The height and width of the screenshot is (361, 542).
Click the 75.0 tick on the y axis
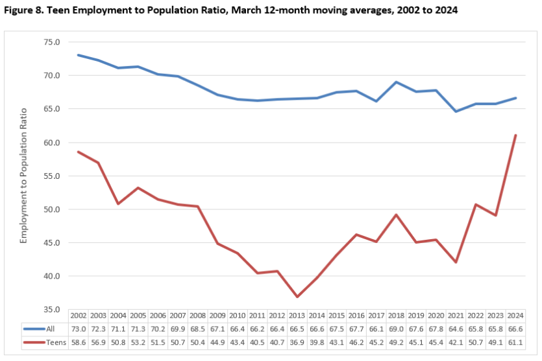pos(51,42)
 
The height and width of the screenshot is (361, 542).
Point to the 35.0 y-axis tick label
pos(51,310)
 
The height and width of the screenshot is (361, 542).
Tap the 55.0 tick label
pos(51,176)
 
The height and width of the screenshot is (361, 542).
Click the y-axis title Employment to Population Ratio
pos(24,176)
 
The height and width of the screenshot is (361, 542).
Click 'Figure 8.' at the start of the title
pos(23,11)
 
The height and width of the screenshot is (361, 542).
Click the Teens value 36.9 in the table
pos(298,341)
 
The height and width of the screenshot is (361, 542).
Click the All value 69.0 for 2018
pos(396,329)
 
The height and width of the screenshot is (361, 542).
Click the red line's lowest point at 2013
pos(298,297)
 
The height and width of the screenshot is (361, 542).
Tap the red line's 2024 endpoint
pos(515,135)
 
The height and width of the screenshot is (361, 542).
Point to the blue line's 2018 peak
pos(396,82)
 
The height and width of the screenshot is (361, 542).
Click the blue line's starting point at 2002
pos(78,55)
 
